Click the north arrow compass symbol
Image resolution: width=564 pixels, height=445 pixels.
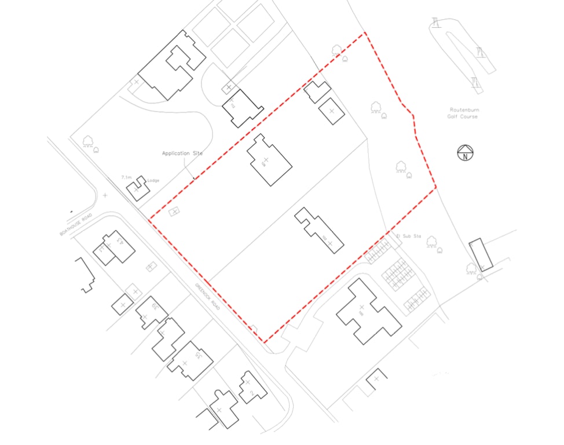pos(465,153)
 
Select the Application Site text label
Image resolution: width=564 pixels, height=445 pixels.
pos(182,154)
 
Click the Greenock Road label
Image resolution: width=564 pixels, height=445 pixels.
pos(207,295)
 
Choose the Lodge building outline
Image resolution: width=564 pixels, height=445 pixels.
pos(138,188)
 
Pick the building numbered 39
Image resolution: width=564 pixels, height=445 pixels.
pos(151,313)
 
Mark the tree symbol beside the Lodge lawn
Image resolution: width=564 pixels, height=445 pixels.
pos(88,141)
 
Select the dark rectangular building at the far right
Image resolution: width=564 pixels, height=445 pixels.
pos(481,255)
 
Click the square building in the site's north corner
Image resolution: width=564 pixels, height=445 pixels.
pos(332,111)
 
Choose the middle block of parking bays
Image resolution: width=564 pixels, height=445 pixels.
pos(398,274)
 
